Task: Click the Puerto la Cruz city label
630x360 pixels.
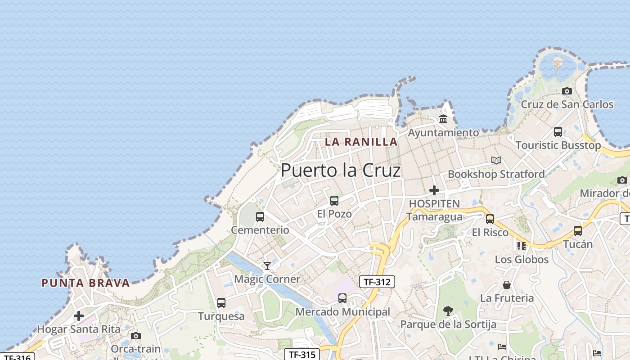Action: tap(340, 171)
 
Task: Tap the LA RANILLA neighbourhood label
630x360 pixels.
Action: tap(361, 142)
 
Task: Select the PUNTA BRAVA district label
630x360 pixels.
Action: tap(85, 283)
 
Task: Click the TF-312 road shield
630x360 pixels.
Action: tap(377, 282)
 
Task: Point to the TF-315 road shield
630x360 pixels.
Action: tap(302, 355)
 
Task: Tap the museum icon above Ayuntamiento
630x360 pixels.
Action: tap(443, 119)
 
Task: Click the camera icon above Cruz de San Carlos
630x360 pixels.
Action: tap(567, 91)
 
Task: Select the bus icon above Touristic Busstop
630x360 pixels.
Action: tap(558, 132)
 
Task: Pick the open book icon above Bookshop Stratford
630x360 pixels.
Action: tap(496, 160)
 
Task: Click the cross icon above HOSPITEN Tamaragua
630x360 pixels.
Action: tap(434, 190)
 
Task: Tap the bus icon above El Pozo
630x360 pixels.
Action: tap(334, 201)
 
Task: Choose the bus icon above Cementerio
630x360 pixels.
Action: tap(260, 217)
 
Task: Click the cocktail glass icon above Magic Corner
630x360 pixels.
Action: tap(267, 266)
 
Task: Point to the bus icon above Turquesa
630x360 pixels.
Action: tap(221, 303)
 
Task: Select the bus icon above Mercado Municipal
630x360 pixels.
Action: tap(342, 298)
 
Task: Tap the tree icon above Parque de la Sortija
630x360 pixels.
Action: tap(448, 310)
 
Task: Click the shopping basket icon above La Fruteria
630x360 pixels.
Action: tap(507, 285)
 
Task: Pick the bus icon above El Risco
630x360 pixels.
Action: tap(490, 219)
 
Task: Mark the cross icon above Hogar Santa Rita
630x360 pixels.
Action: tap(79, 316)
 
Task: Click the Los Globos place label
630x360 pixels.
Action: tap(522, 260)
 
